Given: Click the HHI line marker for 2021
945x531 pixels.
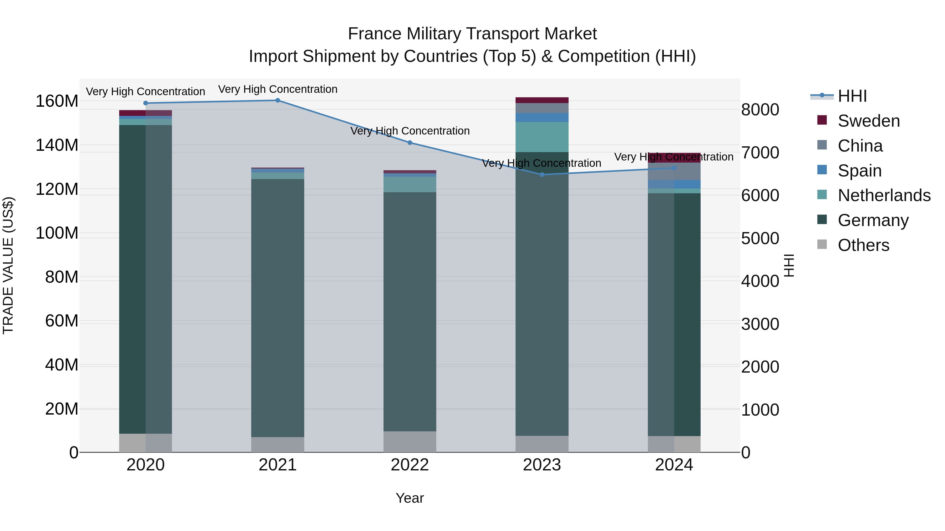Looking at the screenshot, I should point(278,100).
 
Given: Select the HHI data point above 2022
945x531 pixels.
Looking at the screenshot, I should point(410,143).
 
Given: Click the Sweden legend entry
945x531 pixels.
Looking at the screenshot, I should point(868,121).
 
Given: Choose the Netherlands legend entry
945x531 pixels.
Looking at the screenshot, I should point(884,195).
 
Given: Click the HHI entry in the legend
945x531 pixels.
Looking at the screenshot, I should point(852,96).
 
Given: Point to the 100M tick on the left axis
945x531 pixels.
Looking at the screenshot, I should point(57,233).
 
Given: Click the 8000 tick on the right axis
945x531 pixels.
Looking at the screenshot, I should point(760,110).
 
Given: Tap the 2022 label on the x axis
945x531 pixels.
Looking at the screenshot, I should point(410,465).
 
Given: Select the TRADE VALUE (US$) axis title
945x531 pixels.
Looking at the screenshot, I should point(8,265).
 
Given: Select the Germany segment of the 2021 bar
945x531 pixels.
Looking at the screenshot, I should point(278,308).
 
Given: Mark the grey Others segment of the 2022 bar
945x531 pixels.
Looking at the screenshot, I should point(410,442).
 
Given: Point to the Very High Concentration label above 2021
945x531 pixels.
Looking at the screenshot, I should point(278,89).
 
